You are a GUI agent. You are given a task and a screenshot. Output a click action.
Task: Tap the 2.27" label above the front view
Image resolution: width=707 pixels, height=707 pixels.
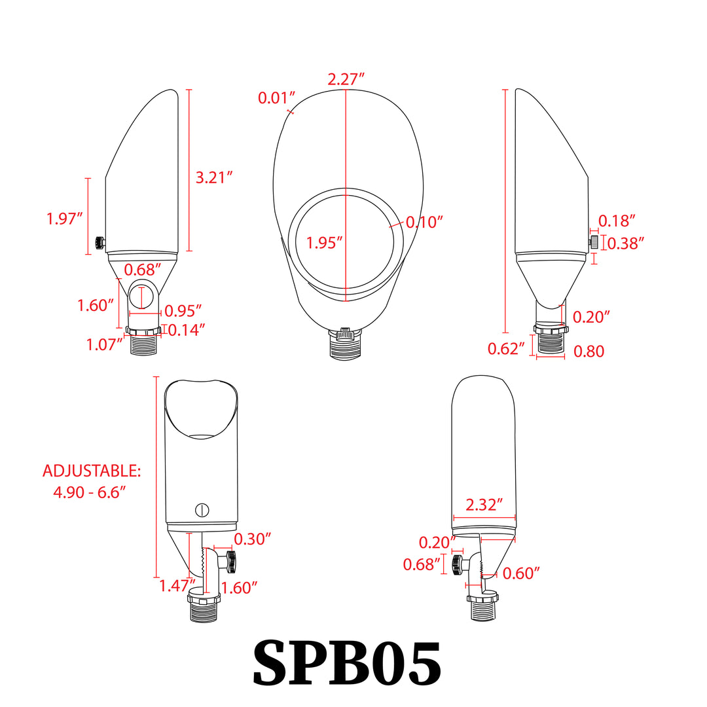click(346, 79)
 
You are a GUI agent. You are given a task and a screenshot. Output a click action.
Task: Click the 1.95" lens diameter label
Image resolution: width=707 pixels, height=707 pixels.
click(325, 243)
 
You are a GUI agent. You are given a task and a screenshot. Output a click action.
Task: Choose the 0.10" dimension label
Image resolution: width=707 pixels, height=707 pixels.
click(424, 222)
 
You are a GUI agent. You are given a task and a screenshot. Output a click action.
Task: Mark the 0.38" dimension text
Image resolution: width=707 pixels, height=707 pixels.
click(626, 244)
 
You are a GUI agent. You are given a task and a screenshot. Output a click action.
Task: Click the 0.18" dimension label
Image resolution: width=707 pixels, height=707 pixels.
click(617, 221)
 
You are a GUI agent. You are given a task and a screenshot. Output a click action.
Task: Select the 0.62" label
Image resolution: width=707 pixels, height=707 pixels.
click(507, 348)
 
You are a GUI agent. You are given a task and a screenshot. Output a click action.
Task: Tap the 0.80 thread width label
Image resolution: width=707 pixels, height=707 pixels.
click(589, 352)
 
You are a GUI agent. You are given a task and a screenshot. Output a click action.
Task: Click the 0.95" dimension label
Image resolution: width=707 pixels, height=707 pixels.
click(183, 310)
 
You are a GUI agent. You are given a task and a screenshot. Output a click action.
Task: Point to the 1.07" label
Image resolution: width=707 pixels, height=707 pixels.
click(105, 344)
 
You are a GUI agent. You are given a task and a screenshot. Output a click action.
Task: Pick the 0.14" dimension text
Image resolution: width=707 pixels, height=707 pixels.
click(187, 330)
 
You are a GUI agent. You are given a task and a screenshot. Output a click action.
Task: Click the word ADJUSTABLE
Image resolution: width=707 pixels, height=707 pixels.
click(92, 471)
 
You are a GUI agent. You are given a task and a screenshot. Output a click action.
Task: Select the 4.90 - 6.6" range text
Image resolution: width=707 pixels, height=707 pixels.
click(90, 492)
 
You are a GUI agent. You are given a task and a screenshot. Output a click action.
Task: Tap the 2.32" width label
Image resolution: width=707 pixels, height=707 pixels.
click(484, 504)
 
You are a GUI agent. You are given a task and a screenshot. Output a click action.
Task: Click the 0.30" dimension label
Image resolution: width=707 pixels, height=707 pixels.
click(253, 539)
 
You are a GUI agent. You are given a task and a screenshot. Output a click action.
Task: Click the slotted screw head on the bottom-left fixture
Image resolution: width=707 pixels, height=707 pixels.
click(202, 509)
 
